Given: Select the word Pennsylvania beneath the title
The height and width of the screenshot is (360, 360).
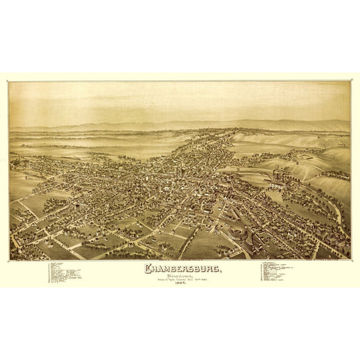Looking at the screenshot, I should [x=178, y=276].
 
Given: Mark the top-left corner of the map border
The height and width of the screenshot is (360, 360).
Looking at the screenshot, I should [x=9, y=82].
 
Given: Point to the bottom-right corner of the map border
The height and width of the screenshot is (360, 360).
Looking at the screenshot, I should [x=351, y=259].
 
